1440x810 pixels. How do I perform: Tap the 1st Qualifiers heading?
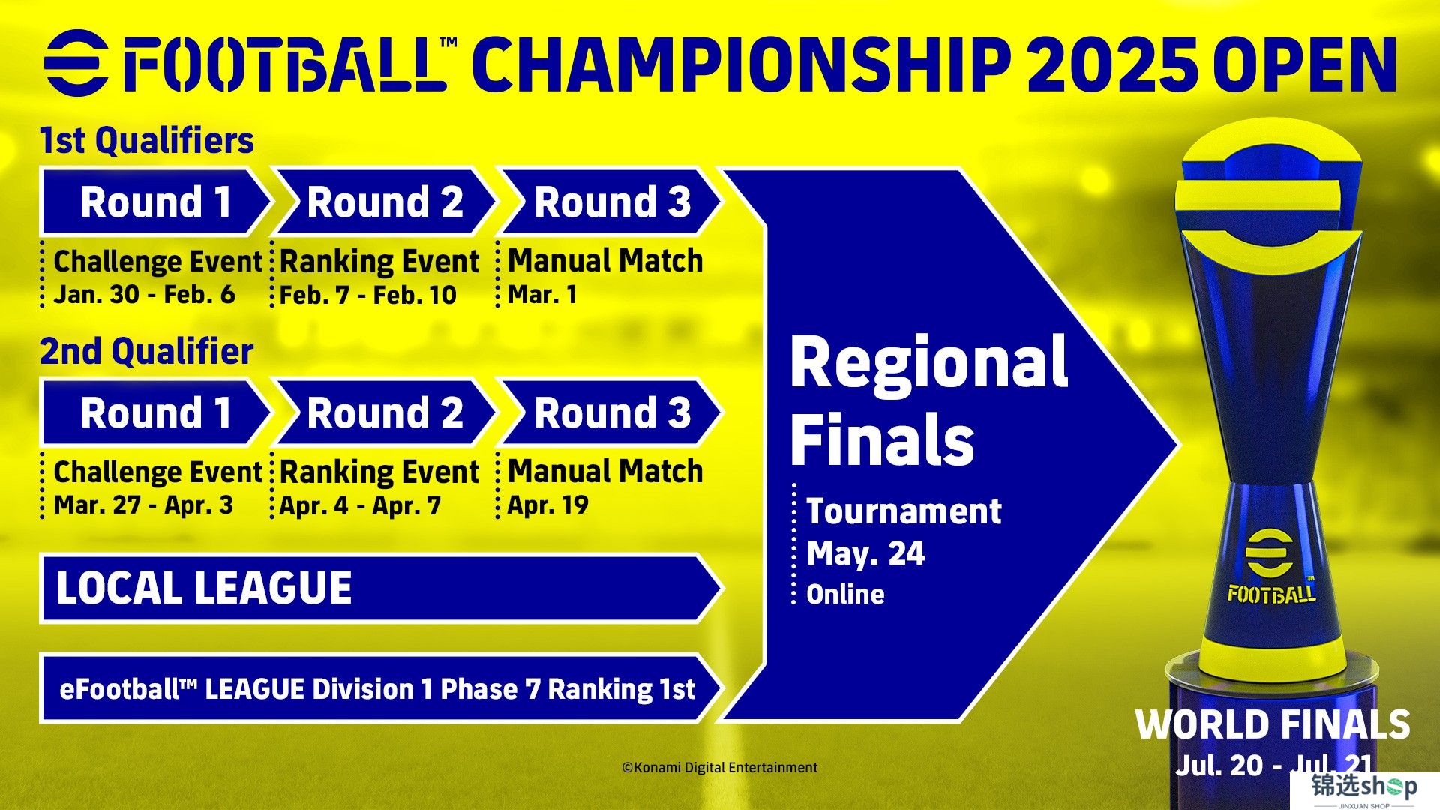click(x=146, y=140)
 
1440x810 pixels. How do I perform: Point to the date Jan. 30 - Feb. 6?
click(x=144, y=294)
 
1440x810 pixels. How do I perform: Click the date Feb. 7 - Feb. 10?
click(x=367, y=295)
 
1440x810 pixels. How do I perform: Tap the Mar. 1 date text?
click(x=542, y=294)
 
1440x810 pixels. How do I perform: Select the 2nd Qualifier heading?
click(x=146, y=351)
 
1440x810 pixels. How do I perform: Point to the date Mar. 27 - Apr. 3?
click(x=143, y=505)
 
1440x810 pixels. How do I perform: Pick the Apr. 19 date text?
click(x=547, y=505)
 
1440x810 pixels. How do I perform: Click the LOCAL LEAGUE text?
click(x=204, y=588)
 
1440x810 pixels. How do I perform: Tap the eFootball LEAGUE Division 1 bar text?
click(x=377, y=688)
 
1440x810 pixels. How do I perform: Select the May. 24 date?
click(x=865, y=553)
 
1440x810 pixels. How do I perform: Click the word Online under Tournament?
click(x=845, y=595)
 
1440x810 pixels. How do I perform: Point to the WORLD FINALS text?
click(x=1273, y=725)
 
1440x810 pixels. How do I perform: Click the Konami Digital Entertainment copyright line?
click(x=720, y=767)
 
